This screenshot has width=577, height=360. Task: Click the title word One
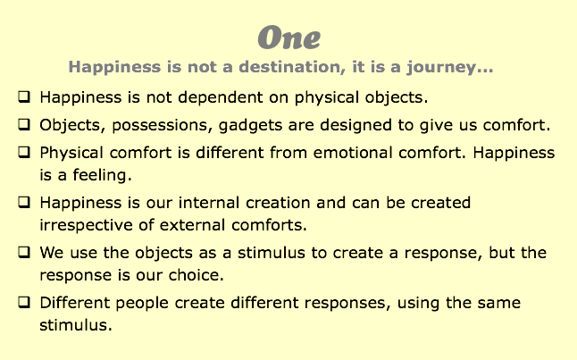point(288,38)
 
